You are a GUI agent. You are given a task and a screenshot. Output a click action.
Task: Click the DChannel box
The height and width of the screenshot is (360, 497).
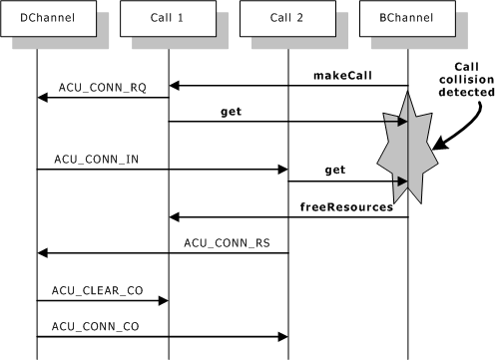click(x=37, y=18)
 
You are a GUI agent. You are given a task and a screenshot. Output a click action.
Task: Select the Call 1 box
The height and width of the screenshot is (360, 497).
click(x=168, y=18)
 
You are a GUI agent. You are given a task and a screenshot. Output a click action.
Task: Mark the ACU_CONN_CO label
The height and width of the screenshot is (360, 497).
click(x=94, y=325)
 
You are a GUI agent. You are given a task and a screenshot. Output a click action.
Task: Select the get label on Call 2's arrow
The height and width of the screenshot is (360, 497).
click(x=334, y=171)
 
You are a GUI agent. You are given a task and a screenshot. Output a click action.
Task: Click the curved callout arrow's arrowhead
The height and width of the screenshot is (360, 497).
click(x=434, y=151)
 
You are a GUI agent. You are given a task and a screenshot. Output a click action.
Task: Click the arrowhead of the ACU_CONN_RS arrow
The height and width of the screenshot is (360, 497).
click(x=43, y=252)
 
